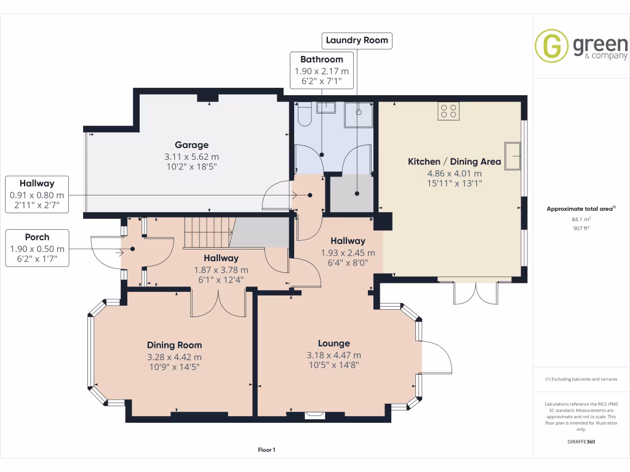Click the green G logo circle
point(551,46)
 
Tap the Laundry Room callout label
point(357,41)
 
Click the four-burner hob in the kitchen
point(448,111)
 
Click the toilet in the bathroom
point(304,114)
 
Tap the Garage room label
point(191,145)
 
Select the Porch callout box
point(37,248)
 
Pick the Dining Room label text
point(174,345)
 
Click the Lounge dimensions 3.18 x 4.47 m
point(333,355)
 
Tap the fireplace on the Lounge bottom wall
point(316,415)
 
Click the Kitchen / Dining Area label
point(455,162)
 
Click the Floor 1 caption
point(266,450)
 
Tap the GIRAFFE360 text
point(581,442)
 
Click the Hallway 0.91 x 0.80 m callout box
point(37,194)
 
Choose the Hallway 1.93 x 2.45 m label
point(348,241)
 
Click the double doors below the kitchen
point(474,293)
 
